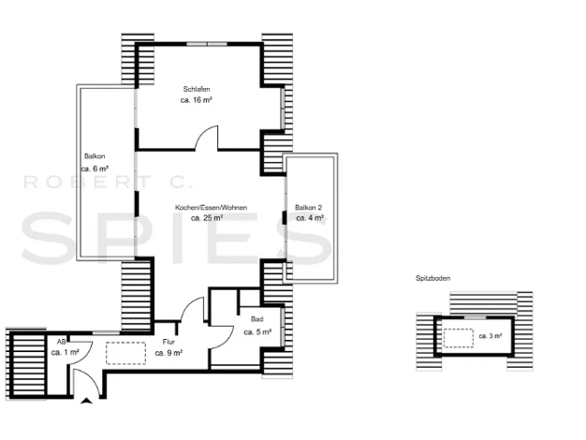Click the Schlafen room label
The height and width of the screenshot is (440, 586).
click(197, 89)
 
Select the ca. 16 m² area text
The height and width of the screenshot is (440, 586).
click(197, 100)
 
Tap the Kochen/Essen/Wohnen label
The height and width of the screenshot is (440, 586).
click(212, 208)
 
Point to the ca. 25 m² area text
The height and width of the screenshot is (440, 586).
click(207, 218)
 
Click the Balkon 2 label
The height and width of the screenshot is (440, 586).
click(309, 208)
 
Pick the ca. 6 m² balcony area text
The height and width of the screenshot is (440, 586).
click(95, 169)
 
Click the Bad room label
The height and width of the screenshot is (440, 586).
click(257, 319)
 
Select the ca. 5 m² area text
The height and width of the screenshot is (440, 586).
click(257, 332)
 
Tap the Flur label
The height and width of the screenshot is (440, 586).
click(168, 342)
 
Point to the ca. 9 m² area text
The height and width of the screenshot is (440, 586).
click(168, 353)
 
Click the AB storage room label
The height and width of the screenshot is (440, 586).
click(62, 342)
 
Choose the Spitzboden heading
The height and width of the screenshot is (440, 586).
click(433, 278)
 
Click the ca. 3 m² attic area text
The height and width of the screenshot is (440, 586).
click(491, 336)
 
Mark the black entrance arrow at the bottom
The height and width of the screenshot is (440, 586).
click(87, 401)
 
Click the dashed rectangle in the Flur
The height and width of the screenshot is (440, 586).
click(126, 353)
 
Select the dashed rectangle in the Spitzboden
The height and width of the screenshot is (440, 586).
click(459, 338)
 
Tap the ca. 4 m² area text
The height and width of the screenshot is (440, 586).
click(310, 218)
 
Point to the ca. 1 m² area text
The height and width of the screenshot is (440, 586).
click(65, 352)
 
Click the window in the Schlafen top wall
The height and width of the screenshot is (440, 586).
click(207, 44)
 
